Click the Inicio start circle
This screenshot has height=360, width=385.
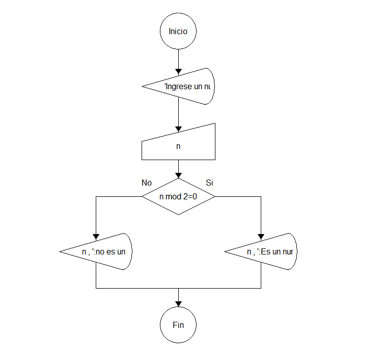pos(178,31)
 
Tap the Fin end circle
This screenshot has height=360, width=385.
pos(178,325)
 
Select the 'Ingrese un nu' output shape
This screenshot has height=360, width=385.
pos(183,86)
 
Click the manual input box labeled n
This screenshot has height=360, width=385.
pos(178,145)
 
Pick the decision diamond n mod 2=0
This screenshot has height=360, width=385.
pos(178,196)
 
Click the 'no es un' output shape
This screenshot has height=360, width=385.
pos(102,252)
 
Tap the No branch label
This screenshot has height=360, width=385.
pos(147,183)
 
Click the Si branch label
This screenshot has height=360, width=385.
pos(209,183)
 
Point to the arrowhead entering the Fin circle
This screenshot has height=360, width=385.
pos(178,304)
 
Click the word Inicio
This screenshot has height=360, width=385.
pos(178,31)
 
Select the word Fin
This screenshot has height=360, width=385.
pos(178,325)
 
